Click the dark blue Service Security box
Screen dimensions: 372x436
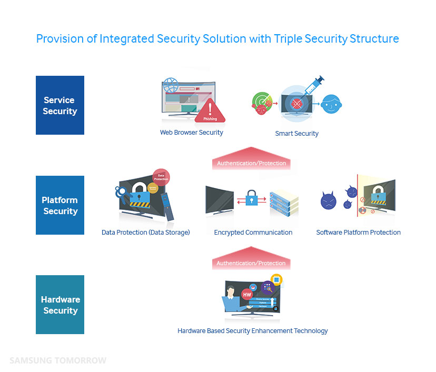[60, 105]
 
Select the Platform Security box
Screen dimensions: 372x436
[60, 205]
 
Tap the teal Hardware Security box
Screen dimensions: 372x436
[60, 305]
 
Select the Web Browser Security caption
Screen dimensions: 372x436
[192, 133]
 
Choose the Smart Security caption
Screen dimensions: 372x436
[297, 134]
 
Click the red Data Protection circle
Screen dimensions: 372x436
[160, 177]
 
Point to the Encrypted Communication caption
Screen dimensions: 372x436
[253, 233]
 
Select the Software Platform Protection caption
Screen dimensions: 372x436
[359, 233]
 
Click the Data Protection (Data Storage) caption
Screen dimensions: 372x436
[146, 233]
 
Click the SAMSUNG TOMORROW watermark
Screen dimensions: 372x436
[58, 360]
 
